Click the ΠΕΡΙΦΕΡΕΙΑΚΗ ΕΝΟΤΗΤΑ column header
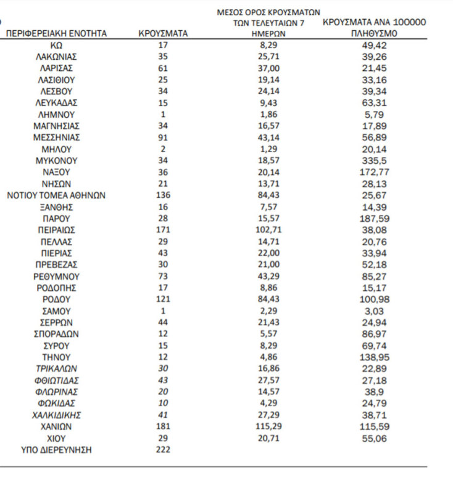56,33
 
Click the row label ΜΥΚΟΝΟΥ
56,161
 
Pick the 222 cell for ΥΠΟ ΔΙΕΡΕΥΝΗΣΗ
163,450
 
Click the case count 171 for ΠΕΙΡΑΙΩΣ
163,230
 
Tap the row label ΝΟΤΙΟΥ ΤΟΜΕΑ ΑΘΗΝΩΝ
56,195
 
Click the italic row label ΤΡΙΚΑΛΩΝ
56,368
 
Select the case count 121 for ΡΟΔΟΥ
163,299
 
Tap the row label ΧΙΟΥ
56,438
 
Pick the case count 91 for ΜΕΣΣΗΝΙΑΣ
163,137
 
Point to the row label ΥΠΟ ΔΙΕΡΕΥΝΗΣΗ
56,450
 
